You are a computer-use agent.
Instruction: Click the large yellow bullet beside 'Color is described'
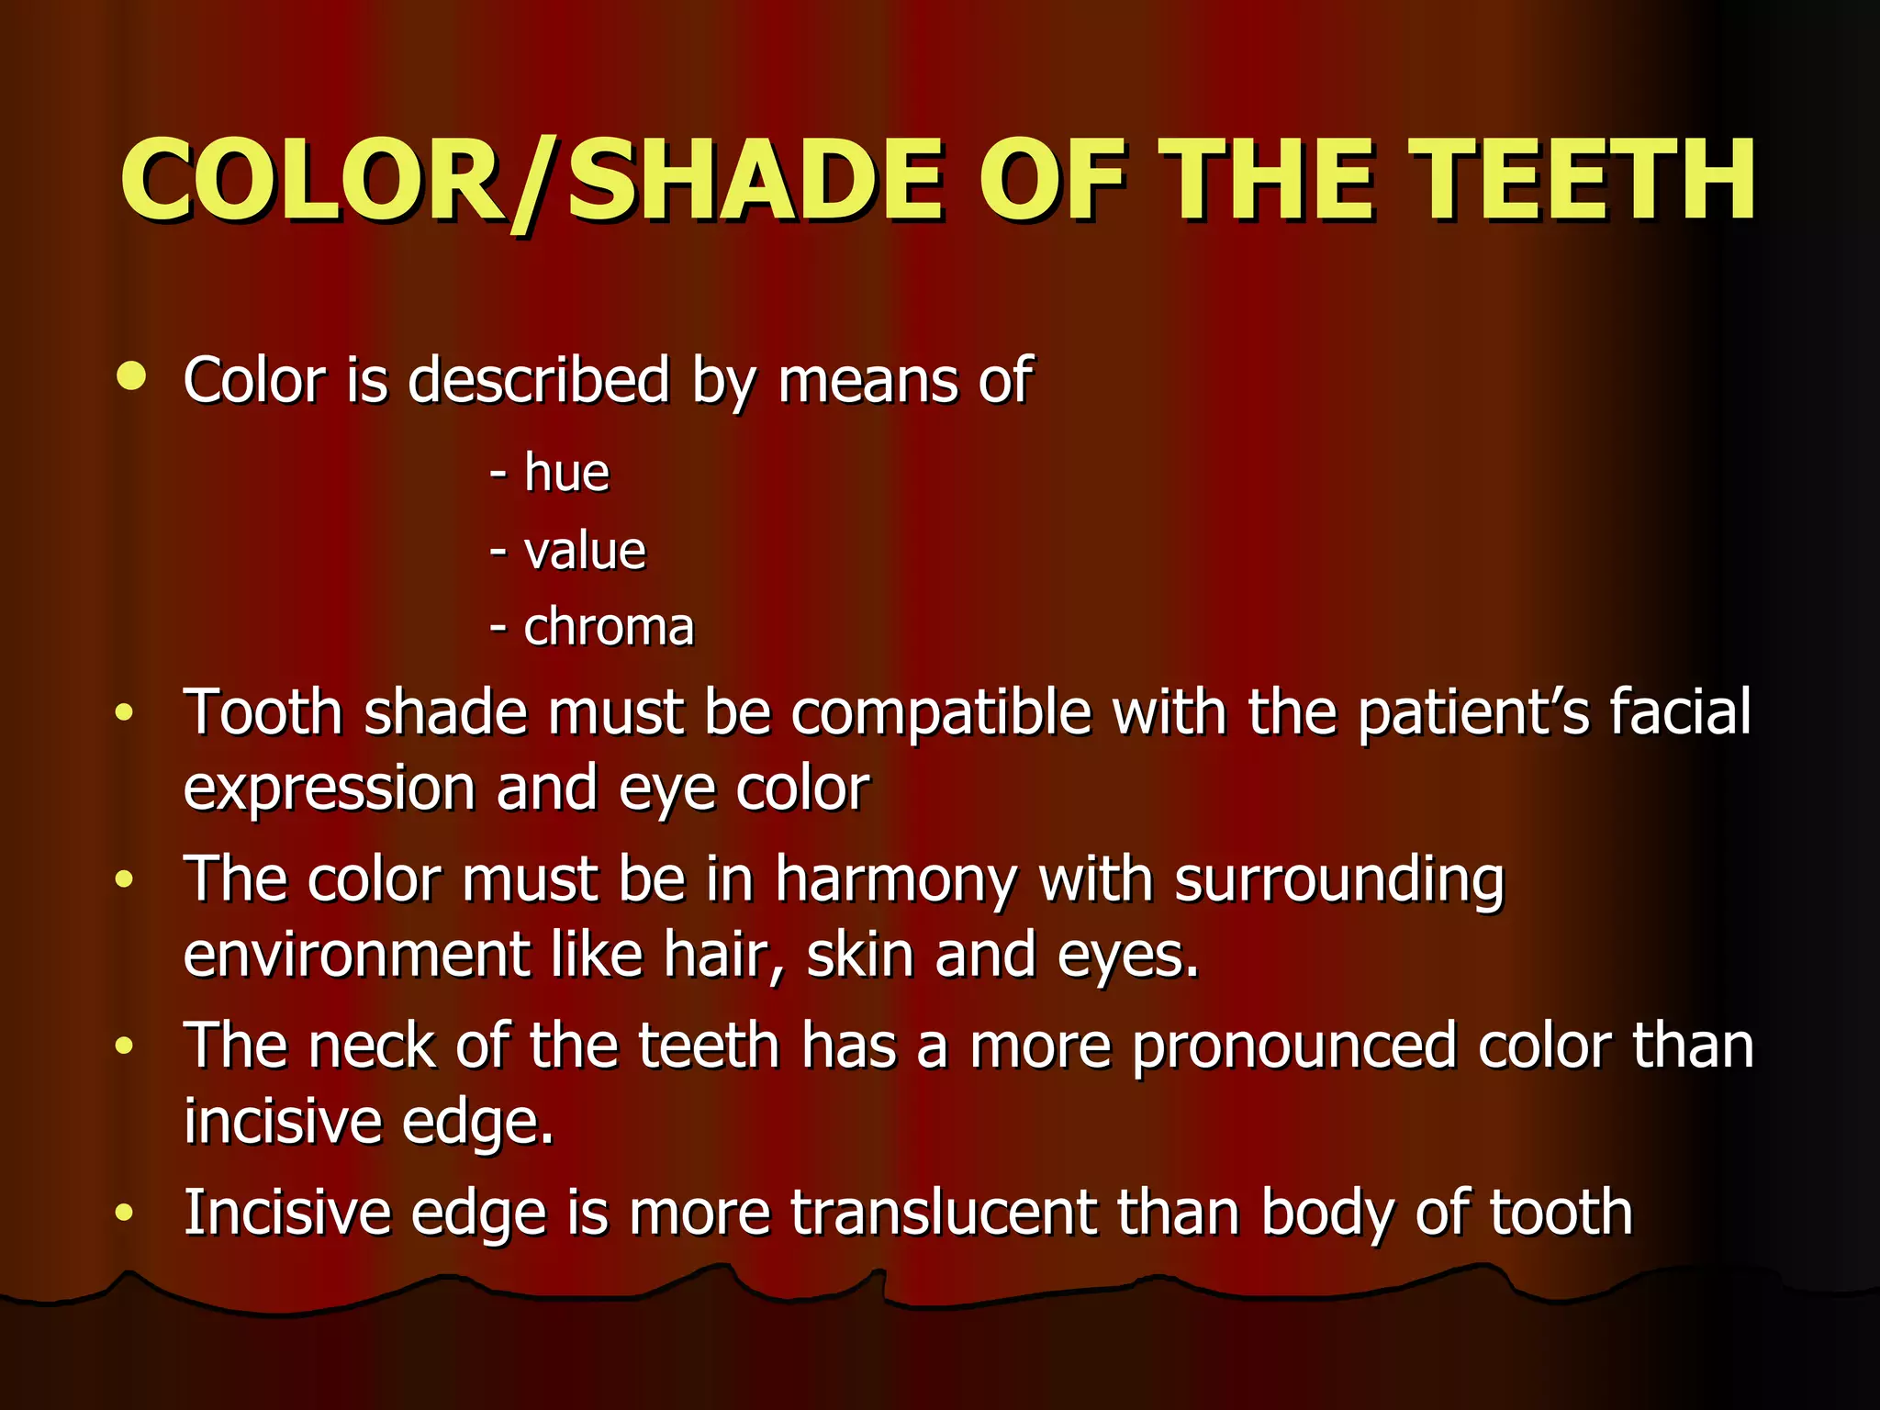[x=131, y=375]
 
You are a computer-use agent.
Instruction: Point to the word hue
[x=566, y=474]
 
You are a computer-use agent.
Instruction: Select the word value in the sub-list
[x=585, y=552]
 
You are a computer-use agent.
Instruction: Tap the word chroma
[x=609, y=628]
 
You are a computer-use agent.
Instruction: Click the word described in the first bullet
[x=538, y=379]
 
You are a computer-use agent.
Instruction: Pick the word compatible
[x=941, y=712]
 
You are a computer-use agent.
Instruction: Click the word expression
[x=329, y=789]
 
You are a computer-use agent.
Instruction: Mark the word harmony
[x=895, y=880]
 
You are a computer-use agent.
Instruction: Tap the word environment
[x=356, y=956]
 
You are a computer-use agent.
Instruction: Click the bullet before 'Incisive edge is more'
[x=125, y=1214]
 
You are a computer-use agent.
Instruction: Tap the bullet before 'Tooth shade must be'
[x=125, y=712]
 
